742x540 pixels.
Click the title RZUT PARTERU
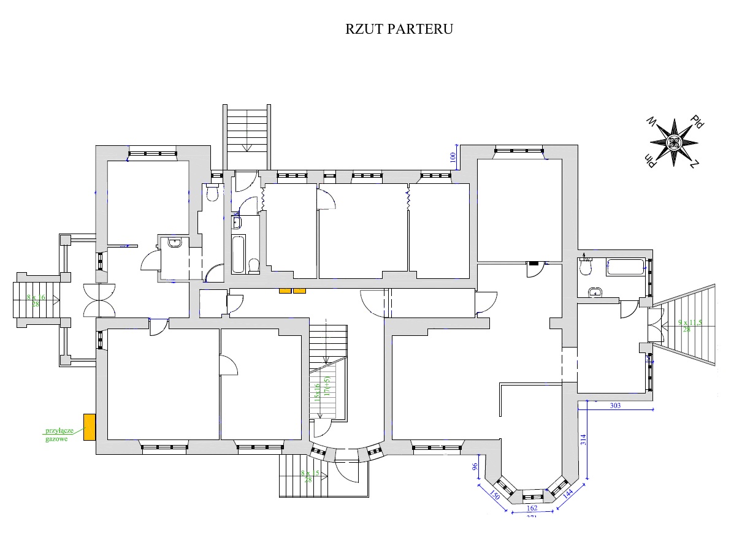click(x=399, y=29)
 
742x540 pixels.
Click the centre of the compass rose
click(x=674, y=143)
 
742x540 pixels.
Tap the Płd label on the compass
click(x=697, y=121)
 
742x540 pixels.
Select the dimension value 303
click(x=616, y=406)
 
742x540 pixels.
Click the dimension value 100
click(x=453, y=158)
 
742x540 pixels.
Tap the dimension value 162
click(x=532, y=508)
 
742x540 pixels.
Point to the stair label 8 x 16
click(x=36, y=297)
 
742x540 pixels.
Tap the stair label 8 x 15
click(x=310, y=473)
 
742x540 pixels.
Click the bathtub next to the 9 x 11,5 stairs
click(x=625, y=267)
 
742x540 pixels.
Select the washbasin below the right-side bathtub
click(x=594, y=293)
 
